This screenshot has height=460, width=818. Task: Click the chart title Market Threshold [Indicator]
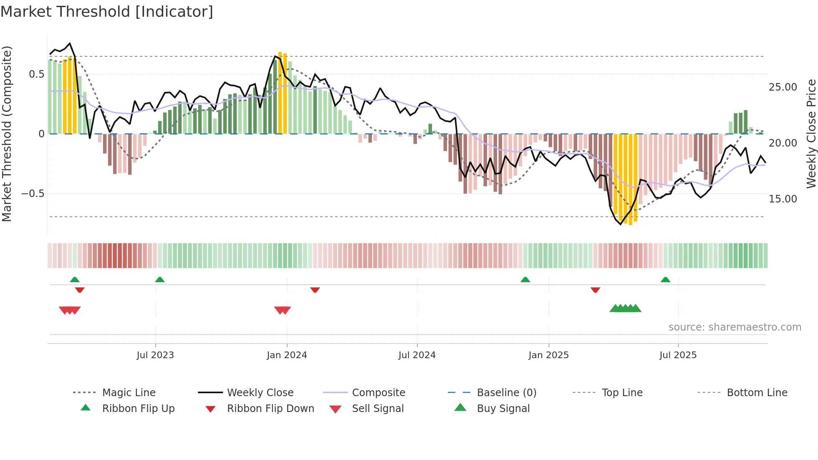click(107, 12)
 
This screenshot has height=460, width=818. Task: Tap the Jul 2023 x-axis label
click(155, 355)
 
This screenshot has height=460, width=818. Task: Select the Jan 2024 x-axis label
click(287, 355)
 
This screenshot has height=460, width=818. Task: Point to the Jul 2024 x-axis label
click(417, 355)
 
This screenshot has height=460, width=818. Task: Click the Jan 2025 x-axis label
click(548, 355)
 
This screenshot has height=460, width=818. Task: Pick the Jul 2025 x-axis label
click(678, 355)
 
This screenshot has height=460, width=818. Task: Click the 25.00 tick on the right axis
click(783, 87)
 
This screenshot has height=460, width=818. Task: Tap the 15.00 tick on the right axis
click(783, 199)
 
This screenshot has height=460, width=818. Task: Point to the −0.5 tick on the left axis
click(33, 194)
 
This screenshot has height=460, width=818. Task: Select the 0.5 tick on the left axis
click(36, 74)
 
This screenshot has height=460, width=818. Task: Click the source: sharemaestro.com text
click(735, 327)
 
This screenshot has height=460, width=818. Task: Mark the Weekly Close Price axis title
click(810, 134)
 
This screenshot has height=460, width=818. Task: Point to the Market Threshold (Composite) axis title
click(7, 134)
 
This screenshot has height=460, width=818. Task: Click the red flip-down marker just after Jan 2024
click(315, 290)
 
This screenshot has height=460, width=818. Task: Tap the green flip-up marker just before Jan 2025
click(525, 280)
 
